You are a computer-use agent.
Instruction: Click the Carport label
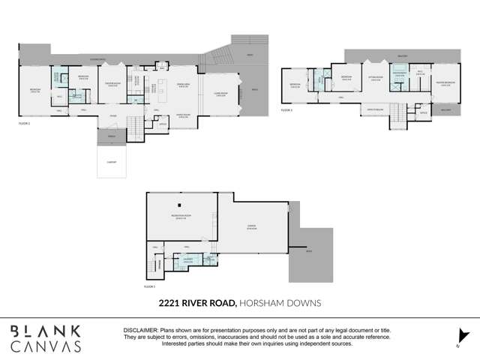coord(112,160)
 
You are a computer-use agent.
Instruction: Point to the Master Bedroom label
coord(445,84)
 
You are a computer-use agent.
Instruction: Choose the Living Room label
coord(221,94)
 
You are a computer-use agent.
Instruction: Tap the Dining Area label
coord(182,84)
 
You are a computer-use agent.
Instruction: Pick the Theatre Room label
coord(114,84)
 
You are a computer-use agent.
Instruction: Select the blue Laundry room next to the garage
coord(187,259)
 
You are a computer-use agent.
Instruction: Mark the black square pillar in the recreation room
coord(180,204)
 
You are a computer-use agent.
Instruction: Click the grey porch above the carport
coord(112,137)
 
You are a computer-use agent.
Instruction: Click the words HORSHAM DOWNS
coord(280,303)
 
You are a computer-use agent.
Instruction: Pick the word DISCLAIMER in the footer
coord(140,330)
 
